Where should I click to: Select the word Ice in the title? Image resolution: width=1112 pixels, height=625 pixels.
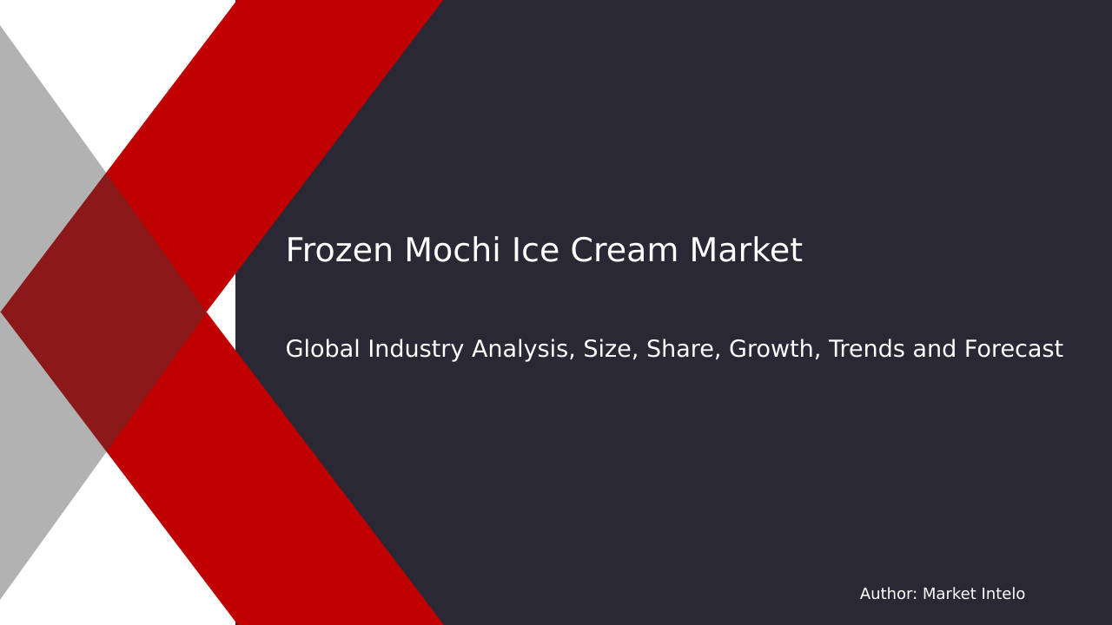click(x=529, y=252)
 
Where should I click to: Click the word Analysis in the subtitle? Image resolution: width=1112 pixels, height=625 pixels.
click(x=520, y=350)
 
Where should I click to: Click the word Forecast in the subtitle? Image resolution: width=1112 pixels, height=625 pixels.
click(x=1013, y=350)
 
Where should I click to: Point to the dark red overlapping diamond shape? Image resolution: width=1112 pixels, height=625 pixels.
click(x=104, y=312)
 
